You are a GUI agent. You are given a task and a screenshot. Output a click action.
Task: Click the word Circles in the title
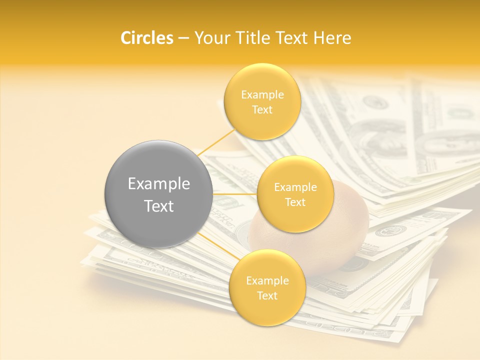tap(146, 38)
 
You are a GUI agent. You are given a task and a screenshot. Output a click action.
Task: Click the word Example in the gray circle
tap(159, 184)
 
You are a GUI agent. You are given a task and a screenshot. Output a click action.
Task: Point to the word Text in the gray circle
tap(159, 206)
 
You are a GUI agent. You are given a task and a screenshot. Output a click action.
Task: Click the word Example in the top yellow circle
tap(262, 94)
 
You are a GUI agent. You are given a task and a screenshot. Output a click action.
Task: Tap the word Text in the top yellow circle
tap(262, 109)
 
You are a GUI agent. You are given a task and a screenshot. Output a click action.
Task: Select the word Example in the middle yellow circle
tap(295, 187)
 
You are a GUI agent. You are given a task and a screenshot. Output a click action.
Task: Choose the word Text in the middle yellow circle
tap(295, 202)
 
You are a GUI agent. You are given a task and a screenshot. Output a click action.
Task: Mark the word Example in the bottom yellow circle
tap(267, 281)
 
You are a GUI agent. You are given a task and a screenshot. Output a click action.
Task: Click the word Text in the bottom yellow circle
tap(267, 295)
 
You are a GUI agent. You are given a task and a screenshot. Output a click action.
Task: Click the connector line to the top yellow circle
tap(216, 142)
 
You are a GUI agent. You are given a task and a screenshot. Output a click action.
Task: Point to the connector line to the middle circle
tap(234, 193)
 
